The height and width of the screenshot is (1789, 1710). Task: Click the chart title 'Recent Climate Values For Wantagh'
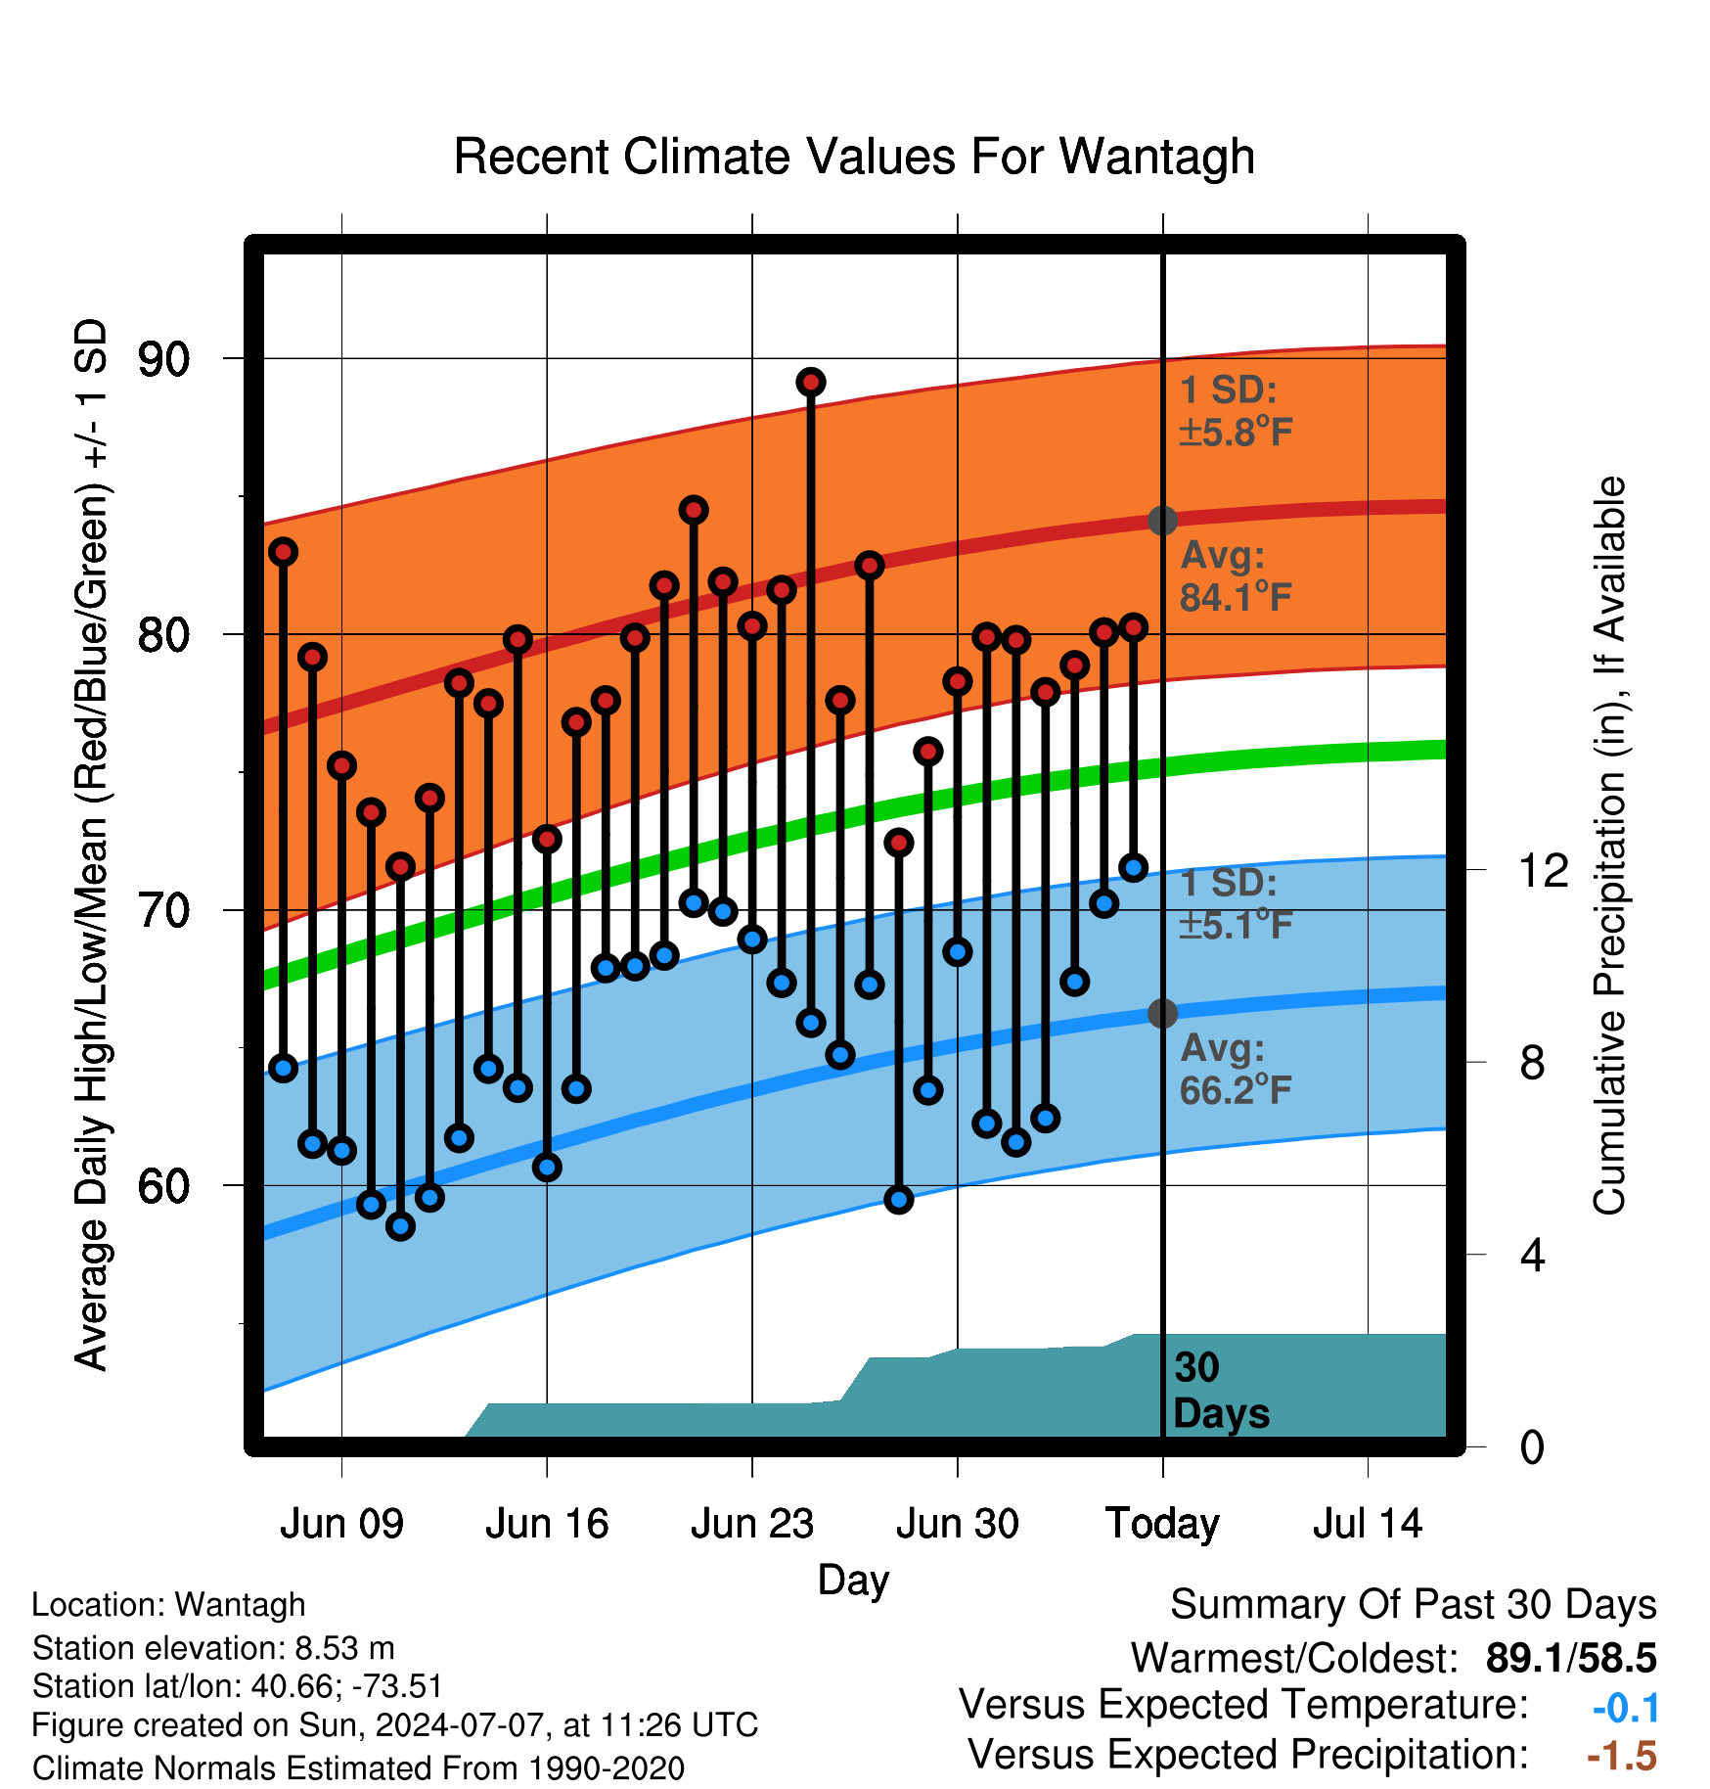coord(854,157)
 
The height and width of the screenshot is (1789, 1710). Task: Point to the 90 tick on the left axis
coord(163,359)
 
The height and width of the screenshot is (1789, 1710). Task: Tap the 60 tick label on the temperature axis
coord(163,1186)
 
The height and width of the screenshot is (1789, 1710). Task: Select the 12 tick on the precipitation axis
coord(1544,870)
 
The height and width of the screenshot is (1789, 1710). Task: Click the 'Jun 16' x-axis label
coord(547,1524)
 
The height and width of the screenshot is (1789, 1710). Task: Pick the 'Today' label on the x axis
coord(1162,1524)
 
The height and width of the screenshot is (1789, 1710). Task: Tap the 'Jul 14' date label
coord(1368,1524)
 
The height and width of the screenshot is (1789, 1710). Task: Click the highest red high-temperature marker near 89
coord(810,382)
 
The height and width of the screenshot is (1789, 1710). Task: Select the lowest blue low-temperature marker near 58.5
coord(400,1225)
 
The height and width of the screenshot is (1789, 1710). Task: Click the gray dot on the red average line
coord(1162,520)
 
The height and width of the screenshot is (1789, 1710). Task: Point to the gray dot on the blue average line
coord(1162,1013)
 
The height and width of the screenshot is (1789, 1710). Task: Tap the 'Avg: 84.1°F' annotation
coord(1237,576)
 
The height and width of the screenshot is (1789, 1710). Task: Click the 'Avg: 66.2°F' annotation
coord(1237,1069)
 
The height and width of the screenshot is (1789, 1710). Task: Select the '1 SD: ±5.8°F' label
coord(1237,411)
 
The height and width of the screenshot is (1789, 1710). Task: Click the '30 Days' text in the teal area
coord(1221,1391)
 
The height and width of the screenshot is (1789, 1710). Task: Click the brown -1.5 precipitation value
coord(1622,1756)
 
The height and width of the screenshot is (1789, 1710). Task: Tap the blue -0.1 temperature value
coord(1626,1708)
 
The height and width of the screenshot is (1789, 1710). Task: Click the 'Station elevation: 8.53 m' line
coord(213,1648)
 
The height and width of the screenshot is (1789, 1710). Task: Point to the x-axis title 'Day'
coord(853,1581)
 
